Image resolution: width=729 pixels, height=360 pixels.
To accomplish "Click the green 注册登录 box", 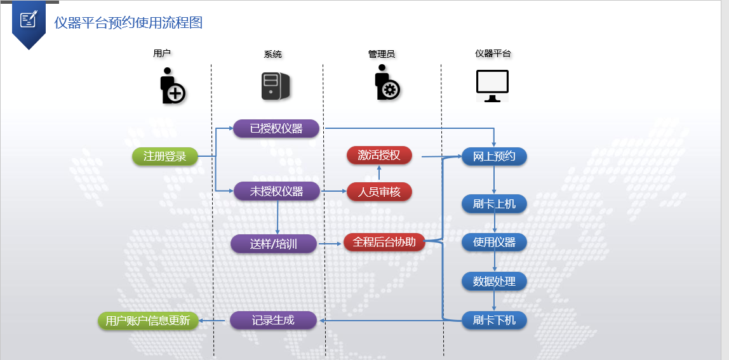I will click(x=165, y=156).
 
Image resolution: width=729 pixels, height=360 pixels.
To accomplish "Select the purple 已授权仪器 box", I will click(x=276, y=129).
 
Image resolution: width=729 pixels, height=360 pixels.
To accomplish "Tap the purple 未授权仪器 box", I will click(x=276, y=191).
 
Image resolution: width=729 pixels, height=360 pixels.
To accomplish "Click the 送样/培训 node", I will click(x=274, y=243).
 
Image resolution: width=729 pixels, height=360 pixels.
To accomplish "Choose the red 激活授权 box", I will click(x=379, y=155).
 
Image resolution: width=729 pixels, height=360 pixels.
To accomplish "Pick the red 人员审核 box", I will click(x=379, y=191).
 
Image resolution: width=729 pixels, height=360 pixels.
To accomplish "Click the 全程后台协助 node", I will click(x=384, y=242).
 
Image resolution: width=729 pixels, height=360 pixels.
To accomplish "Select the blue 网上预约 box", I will click(x=494, y=156).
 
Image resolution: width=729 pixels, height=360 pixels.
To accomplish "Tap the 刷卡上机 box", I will click(x=494, y=204).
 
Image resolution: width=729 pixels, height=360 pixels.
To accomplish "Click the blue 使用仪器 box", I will click(x=494, y=242).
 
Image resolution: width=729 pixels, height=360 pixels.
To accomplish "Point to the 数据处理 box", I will click(x=494, y=281).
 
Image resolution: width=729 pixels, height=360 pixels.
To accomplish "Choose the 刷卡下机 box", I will click(x=494, y=320).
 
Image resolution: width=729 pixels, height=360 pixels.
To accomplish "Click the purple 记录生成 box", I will click(x=273, y=320).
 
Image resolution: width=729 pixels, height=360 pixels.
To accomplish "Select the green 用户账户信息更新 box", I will click(x=148, y=321).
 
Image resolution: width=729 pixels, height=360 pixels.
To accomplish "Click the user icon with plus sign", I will click(x=171, y=86).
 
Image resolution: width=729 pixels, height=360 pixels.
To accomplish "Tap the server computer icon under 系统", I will click(x=276, y=86).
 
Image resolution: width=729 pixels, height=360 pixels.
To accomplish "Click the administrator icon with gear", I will click(x=386, y=84).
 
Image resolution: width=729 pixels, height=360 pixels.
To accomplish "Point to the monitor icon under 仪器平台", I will click(x=493, y=86).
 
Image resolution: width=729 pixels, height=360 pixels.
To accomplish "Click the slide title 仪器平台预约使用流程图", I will click(x=128, y=23).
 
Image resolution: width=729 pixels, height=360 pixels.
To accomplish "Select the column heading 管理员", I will click(x=382, y=54).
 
